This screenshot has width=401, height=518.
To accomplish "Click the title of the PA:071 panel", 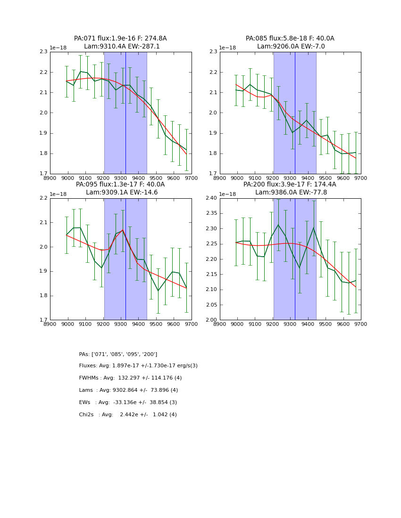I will click(x=120, y=42).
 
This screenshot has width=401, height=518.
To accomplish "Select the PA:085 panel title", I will click(x=290, y=42).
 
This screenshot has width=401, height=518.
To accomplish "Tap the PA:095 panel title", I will click(x=120, y=188).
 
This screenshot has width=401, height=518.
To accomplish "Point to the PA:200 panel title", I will click(x=290, y=188).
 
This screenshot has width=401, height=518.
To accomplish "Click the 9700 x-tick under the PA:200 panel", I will click(x=361, y=324).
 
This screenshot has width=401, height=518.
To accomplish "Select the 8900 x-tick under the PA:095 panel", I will click(x=50, y=324).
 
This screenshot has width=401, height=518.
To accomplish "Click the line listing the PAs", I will click(x=118, y=354).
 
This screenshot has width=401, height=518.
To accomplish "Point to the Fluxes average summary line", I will click(x=138, y=366).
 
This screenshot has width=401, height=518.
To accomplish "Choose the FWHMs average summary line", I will click(x=130, y=378).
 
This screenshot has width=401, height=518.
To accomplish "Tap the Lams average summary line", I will click(x=128, y=390).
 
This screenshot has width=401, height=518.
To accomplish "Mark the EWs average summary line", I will click(x=128, y=403).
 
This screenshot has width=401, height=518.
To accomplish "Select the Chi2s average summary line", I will click(x=128, y=415).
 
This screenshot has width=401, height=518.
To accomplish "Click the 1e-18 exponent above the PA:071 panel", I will click(x=58, y=48).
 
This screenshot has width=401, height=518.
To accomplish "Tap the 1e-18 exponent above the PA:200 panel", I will click(x=228, y=194).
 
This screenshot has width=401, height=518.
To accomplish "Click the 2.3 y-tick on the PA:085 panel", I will click(x=213, y=52).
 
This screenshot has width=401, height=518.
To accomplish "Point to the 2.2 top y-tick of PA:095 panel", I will click(x=43, y=198).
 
